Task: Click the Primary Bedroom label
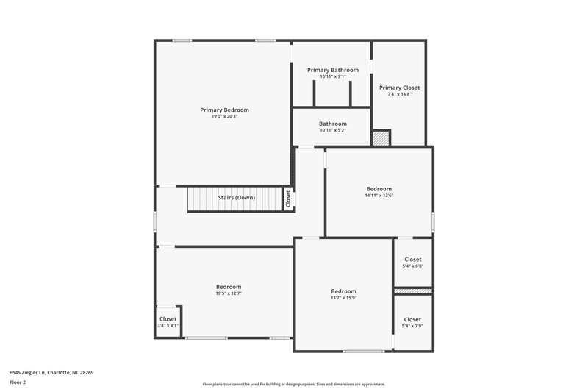coord(224,110)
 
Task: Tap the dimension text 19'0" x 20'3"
coord(224,116)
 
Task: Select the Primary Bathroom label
coord(333,70)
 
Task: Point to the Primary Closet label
coord(399,88)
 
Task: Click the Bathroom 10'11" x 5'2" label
coord(333,124)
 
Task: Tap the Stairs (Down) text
coord(236,198)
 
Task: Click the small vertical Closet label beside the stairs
coord(288,199)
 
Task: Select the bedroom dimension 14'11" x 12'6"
coord(379,196)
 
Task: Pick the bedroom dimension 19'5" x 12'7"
coord(228,293)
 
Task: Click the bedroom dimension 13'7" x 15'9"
coord(343,298)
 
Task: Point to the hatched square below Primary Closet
coord(379,138)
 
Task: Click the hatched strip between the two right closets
coord(412,292)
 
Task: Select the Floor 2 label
coord(18,382)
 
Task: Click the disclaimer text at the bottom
coord(293,384)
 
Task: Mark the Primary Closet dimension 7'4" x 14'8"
coord(399,94)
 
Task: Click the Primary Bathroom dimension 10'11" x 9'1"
coord(333,76)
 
